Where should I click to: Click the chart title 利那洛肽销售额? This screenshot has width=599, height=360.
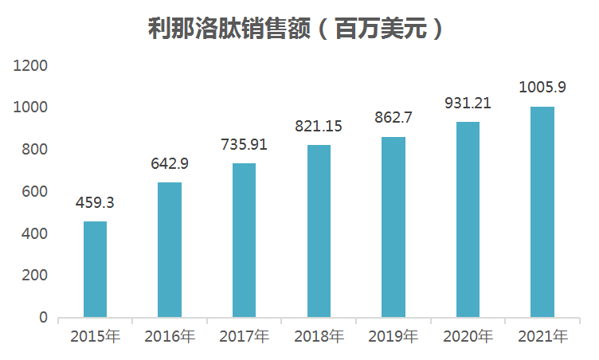coord(296,29)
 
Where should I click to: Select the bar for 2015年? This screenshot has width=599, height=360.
coord(95,269)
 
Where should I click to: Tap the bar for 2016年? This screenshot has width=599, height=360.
coord(170,250)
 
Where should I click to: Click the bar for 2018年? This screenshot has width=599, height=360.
coord(319,231)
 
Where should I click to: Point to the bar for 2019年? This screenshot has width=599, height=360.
coord(393,227)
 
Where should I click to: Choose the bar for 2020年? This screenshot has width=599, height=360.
coord(468,220)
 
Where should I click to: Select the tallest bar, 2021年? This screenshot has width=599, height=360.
coord(542,212)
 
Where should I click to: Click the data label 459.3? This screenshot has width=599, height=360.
coord(95,203)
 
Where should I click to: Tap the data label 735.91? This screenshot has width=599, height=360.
coord(244,145)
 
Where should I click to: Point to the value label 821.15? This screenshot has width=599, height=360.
coord(319,127)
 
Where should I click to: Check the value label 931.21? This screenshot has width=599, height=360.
coord(468,104)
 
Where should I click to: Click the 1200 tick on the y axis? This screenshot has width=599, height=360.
coord(32,65)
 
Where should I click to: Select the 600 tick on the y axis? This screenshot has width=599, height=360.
coord(36,192)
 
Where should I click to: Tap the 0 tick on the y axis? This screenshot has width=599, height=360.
coord(44,318)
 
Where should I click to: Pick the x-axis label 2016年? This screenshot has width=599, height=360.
coord(170,337)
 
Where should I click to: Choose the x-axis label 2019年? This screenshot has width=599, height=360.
coord(393,337)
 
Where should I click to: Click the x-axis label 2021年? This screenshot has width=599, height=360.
coord(542,337)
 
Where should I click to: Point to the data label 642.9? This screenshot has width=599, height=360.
coord(170,164)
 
